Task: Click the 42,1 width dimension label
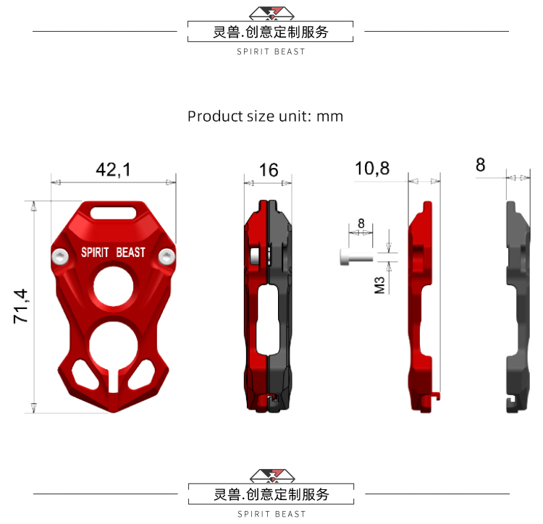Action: (114, 170)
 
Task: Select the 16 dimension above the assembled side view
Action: (268, 170)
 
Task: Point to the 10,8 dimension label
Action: (372, 169)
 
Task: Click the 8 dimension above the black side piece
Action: (480, 165)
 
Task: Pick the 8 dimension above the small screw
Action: (361, 224)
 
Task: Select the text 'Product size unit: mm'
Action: (265, 116)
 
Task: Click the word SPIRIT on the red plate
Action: (94, 253)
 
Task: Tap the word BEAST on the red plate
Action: (130, 253)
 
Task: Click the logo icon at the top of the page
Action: (271, 12)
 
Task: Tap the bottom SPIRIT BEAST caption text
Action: (271, 514)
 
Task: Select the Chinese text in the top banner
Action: (271, 32)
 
